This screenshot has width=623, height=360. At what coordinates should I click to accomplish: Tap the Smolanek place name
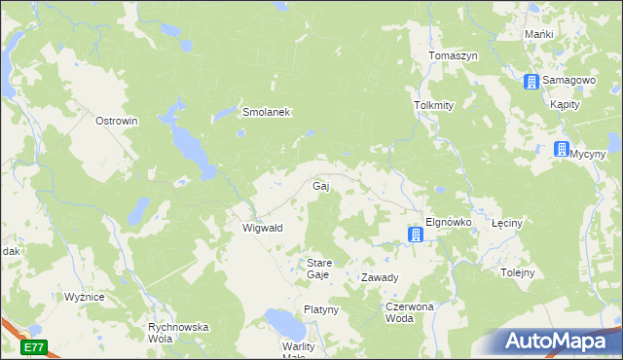pos(266,112)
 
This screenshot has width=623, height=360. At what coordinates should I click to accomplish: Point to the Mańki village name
pos(538,34)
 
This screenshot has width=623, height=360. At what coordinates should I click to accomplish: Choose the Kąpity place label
pos(566,104)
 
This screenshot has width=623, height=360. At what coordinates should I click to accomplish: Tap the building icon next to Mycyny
pos(561,150)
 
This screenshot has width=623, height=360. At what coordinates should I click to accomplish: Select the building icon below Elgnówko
pos(416,234)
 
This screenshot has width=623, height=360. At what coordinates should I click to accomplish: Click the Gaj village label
pos(320,185)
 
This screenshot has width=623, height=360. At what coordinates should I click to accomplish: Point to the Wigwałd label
pos(262,228)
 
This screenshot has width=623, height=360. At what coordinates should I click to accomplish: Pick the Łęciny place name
pos(507,223)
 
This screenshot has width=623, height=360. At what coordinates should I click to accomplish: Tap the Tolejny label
pos(518,272)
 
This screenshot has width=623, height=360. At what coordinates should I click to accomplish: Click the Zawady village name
pos(380,277)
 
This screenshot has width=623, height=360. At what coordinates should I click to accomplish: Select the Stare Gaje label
pos(320,269)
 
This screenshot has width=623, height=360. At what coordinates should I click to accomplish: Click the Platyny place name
pos(320,309)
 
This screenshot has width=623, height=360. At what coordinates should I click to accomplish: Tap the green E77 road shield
pos(34,346)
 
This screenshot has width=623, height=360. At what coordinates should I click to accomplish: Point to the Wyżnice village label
pos(85,297)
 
